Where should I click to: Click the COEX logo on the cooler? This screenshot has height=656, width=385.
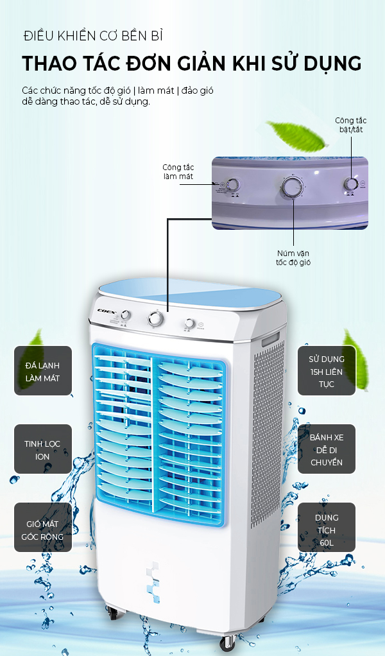106,311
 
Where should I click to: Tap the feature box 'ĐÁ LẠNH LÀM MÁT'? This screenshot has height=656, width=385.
42,370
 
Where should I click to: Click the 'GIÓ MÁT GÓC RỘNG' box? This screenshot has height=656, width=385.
42,528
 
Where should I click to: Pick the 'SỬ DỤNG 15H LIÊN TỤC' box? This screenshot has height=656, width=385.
327,370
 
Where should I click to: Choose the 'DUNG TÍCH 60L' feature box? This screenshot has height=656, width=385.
327,528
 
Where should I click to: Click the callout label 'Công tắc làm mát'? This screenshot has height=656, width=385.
178,172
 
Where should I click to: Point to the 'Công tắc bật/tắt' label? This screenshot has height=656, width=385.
351,125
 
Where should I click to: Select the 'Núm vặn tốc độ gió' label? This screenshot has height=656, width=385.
293,258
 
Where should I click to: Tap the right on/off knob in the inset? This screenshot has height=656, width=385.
351,184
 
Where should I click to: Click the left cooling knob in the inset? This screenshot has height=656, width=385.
234,185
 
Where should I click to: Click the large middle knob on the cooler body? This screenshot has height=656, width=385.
155,319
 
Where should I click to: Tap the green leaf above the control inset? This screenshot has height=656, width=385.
296,135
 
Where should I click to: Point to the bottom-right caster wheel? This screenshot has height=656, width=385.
228,642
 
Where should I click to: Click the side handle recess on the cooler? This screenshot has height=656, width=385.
271,338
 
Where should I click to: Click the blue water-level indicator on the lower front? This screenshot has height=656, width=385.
153,582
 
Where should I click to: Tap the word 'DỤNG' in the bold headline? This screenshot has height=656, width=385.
333,64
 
